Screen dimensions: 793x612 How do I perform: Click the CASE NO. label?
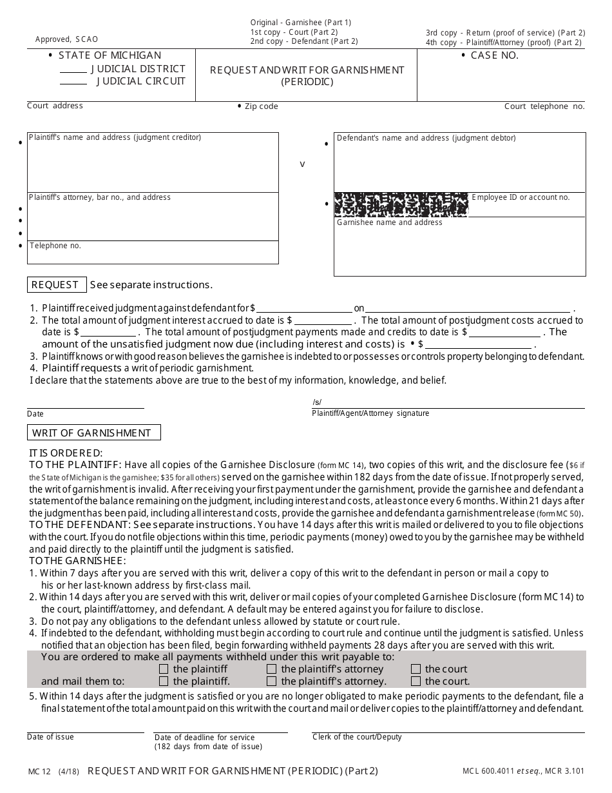point(494,55)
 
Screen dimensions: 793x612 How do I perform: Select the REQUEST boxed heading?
point(55,285)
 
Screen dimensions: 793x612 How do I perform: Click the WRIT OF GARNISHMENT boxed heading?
point(93,433)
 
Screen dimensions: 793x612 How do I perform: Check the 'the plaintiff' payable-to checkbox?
point(164,669)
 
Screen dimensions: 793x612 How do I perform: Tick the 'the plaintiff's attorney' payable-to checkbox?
point(271,669)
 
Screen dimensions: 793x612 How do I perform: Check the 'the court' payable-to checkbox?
point(416,669)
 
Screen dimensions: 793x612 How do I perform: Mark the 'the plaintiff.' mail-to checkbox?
point(164,681)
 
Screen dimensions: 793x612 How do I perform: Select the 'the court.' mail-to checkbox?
point(416,681)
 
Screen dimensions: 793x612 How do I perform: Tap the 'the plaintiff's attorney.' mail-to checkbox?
point(271,681)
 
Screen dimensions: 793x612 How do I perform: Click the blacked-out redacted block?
point(401,204)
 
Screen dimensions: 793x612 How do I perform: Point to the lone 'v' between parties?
point(302,164)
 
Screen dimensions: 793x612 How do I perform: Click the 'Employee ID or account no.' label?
point(521,197)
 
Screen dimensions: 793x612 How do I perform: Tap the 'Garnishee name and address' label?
point(389,222)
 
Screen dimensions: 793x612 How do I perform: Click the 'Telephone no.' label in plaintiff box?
point(55,246)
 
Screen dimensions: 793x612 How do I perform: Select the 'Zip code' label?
point(261,106)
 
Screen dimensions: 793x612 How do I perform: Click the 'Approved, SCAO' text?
point(67,39)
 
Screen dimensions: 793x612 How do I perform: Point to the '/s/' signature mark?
point(317,402)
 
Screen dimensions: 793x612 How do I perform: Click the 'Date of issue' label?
point(50,737)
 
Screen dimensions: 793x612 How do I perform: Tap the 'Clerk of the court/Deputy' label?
point(357,737)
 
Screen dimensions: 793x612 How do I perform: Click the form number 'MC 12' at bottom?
point(39,771)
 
